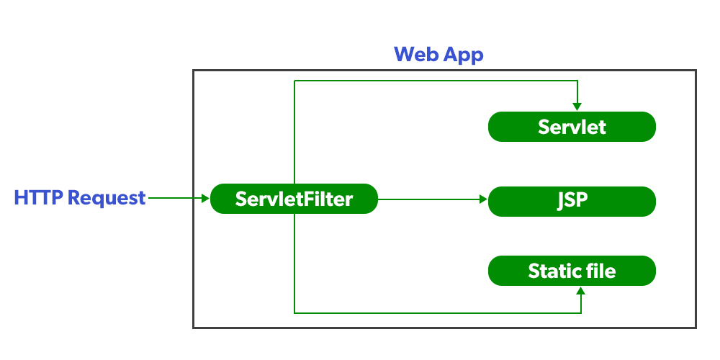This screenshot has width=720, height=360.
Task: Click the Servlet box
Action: point(572,127)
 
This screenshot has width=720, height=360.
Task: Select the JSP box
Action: point(572,201)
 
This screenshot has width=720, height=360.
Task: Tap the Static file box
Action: point(572,271)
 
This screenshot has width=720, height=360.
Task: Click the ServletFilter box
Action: point(294,199)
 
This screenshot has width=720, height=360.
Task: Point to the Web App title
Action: point(438,54)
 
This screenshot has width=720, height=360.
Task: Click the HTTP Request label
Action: point(80,198)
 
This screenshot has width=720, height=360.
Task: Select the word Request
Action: point(107,198)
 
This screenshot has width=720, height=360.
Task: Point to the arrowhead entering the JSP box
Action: point(482,199)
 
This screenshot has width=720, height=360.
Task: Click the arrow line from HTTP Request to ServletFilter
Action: point(176,197)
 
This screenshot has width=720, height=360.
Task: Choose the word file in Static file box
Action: point(600,271)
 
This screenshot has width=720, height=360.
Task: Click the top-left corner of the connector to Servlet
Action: point(294,81)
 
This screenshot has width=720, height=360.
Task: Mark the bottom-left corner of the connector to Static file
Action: point(294,312)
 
